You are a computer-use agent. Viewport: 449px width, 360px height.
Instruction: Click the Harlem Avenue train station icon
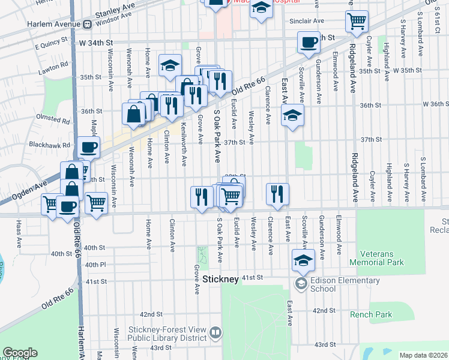[x=87, y=25]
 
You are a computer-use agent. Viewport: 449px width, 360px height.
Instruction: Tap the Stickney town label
[x=221, y=279]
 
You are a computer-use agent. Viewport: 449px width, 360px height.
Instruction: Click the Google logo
[x=20, y=353]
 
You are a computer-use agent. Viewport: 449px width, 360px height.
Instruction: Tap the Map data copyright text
[x=423, y=355]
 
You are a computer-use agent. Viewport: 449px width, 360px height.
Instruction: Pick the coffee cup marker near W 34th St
[x=309, y=43]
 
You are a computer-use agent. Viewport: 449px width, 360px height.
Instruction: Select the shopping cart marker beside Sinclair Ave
[x=357, y=22]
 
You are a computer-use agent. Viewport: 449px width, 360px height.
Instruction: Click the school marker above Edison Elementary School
[x=303, y=260]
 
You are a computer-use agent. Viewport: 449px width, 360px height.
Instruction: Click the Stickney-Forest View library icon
[x=215, y=332]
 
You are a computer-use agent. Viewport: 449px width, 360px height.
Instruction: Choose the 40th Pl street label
[x=95, y=265]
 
